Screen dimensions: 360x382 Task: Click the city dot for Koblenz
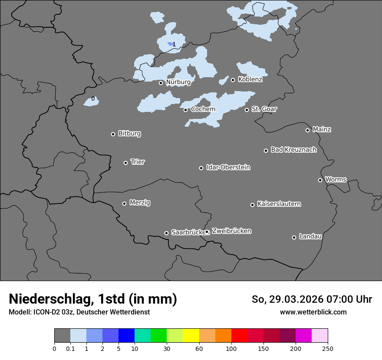pyautogui.click(x=233, y=80)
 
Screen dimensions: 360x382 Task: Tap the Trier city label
pyautogui.click(x=138, y=162)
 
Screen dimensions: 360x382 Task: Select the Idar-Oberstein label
pyautogui.click(x=228, y=167)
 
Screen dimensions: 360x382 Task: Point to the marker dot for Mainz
pyautogui.click(x=307, y=130)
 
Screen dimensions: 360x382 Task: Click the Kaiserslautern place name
pyautogui.click(x=279, y=204)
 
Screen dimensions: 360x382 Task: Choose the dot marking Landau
pyautogui.click(x=294, y=237)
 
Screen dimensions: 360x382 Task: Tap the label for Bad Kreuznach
pyautogui.click(x=293, y=150)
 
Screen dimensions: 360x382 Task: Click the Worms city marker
pyautogui.click(x=320, y=180)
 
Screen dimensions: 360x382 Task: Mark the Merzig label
pyautogui.click(x=140, y=203)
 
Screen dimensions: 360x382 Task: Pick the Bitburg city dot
pyautogui.click(x=113, y=134)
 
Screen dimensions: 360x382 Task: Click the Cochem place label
pyautogui.click(x=203, y=109)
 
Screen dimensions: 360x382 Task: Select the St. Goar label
pyautogui.click(x=264, y=109)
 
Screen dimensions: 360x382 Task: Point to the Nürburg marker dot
pyautogui.click(x=161, y=83)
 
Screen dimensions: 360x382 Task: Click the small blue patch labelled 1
pyautogui.click(x=170, y=44)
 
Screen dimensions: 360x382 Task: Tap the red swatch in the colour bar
pyautogui.click(x=239, y=336)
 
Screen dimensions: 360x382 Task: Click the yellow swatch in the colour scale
pyautogui.click(x=191, y=336)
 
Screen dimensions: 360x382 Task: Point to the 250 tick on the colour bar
pyautogui.click(x=328, y=348)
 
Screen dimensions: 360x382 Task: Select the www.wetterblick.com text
pyautogui.click(x=313, y=312)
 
